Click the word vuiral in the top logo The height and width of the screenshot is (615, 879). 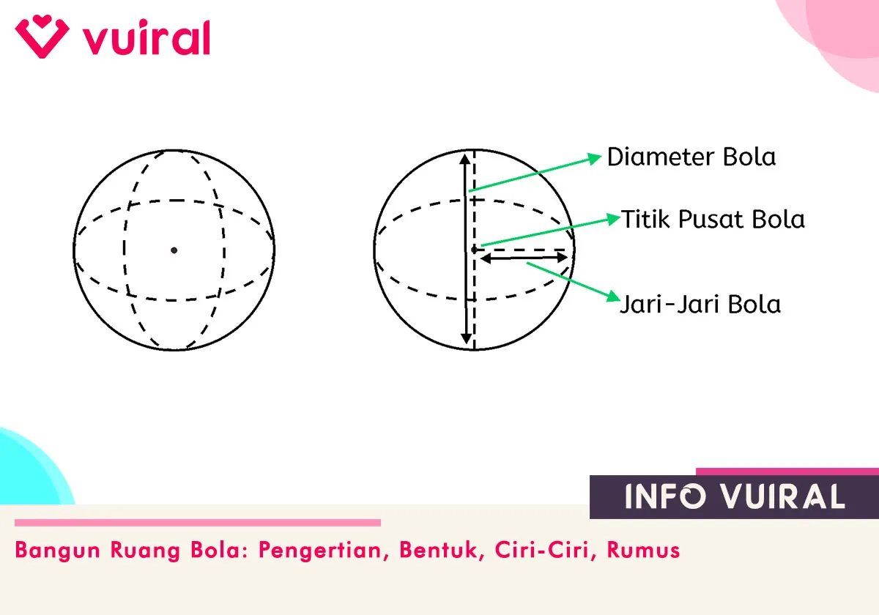146,38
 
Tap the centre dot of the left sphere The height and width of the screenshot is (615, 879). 174,250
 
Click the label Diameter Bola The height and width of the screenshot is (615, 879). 691,157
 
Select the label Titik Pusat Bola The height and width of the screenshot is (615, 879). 713,219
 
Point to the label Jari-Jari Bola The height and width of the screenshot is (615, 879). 700,304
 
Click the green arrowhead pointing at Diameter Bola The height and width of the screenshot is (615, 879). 596,157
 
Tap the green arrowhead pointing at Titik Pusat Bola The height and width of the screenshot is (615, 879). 612,218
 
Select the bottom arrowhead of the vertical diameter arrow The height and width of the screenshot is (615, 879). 465,338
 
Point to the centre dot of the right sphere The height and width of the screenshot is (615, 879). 474,250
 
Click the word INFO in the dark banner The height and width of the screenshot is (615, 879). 665,497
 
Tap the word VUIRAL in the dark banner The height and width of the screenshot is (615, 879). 782,497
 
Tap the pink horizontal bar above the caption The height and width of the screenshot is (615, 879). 198,523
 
